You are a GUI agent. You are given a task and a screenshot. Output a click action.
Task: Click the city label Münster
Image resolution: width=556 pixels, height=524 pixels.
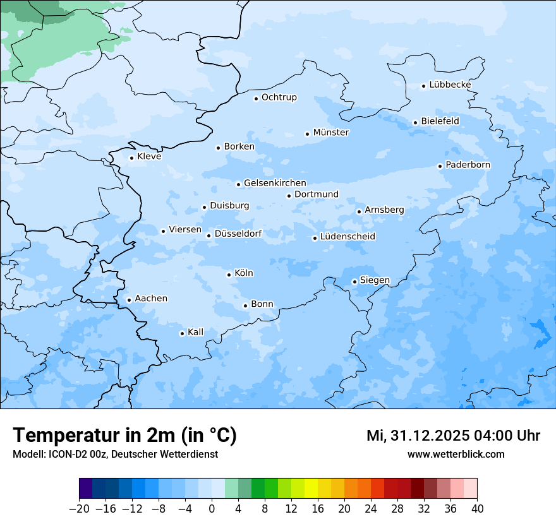point(331,133)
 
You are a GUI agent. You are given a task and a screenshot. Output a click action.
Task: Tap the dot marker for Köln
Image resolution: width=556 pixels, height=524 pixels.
point(229,275)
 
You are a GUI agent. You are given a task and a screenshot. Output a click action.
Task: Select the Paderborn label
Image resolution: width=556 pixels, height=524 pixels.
point(468,165)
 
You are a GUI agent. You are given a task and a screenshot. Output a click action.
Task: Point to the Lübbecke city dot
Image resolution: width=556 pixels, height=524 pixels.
point(423,86)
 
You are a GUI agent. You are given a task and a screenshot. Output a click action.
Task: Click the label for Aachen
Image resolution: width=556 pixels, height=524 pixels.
point(151,299)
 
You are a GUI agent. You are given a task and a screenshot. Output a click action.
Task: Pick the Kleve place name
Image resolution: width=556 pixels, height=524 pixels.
point(149,157)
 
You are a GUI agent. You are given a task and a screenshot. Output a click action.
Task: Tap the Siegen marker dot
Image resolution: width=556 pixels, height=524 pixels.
point(354,282)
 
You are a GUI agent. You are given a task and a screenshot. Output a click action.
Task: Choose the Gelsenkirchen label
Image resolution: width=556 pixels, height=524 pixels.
point(275,183)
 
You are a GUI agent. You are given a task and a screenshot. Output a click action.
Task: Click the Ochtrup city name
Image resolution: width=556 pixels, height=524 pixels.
point(279,97)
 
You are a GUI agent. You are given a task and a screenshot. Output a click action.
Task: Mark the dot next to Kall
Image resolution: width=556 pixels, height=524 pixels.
point(182,333)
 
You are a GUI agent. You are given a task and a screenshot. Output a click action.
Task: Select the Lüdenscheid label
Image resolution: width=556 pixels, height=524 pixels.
point(347,237)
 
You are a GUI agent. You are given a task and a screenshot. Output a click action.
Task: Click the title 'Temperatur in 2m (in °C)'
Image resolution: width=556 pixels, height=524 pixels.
point(124,436)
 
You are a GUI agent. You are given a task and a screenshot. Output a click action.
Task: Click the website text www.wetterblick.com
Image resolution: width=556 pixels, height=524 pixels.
point(456,454)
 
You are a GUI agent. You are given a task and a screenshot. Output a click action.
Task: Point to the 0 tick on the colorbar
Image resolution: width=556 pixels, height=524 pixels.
point(212,509)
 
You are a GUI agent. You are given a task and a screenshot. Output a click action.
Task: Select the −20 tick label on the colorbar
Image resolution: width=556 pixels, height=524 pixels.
point(80,509)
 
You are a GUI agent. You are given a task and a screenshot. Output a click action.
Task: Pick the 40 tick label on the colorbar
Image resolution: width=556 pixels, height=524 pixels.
point(477,509)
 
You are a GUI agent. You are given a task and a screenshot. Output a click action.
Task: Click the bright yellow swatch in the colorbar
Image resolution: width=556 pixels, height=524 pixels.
point(311,488)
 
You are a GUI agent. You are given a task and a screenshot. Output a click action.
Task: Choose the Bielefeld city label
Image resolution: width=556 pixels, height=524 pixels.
point(440,121)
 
